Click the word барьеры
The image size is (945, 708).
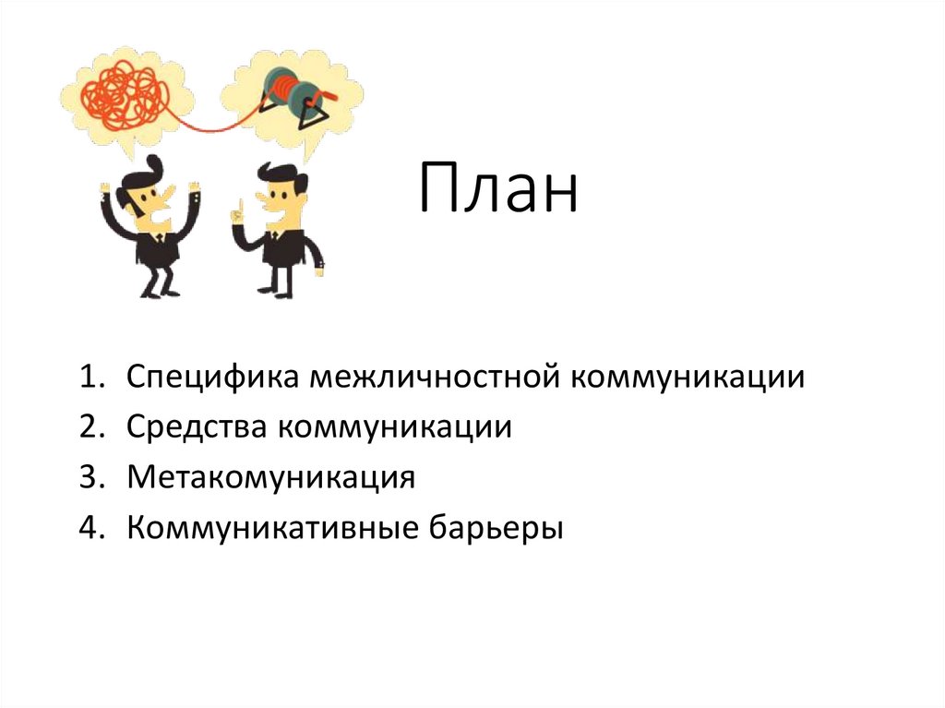point(493,528)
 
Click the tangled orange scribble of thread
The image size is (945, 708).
point(126,92)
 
